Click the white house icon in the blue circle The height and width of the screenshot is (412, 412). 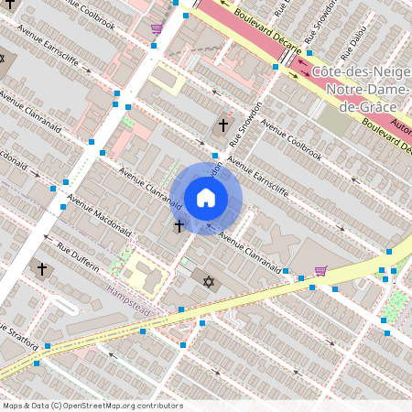pyautogui.click(x=206, y=198)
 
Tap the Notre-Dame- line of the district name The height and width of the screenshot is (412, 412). pyautogui.click(x=361, y=90)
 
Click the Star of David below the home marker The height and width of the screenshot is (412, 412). pyautogui.click(x=208, y=280)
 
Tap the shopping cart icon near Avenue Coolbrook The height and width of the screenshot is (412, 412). pyautogui.click(x=157, y=28)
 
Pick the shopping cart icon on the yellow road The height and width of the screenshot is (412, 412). pyautogui.click(x=320, y=270)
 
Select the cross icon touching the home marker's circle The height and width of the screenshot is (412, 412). pyautogui.click(x=179, y=224)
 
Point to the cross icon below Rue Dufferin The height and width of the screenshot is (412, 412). pyautogui.click(x=41, y=269)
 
